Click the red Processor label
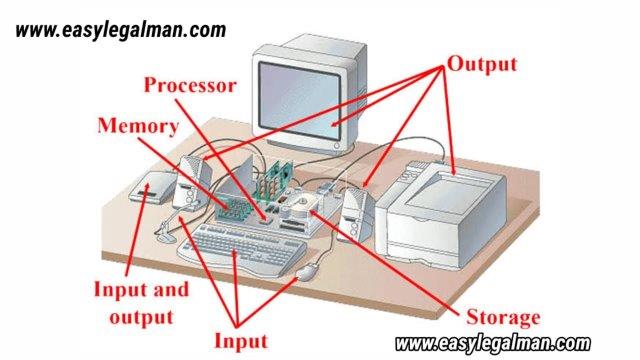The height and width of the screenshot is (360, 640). click(x=190, y=85)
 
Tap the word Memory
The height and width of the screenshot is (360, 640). click(x=138, y=126)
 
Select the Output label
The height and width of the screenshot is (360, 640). click(x=481, y=64)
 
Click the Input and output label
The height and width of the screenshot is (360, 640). click(x=134, y=303)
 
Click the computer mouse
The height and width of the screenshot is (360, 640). click(x=311, y=267)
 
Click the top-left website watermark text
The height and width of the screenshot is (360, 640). click(x=121, y=30)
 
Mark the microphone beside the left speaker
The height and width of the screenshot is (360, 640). click(x=164, y=234)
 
